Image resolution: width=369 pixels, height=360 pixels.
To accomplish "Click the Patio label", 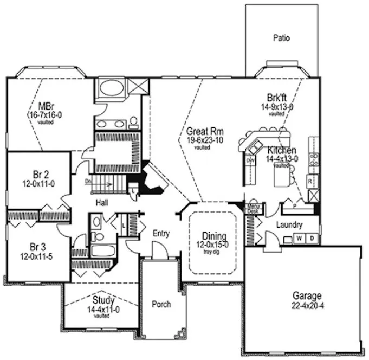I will pyautogui.click(x=281, y=38).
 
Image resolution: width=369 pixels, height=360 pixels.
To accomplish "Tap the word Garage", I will pyautogui.click(x=307, y=296).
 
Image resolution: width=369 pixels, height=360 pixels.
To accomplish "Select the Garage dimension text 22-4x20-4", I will pyautogui.click(x=307, y=305).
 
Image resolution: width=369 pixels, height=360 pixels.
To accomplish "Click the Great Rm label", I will pyautogui.click(x=202, y=132).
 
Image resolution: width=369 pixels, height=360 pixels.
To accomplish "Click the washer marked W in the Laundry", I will pyautogui.click(x=299, y=237).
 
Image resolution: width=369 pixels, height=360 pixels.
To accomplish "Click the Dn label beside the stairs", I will pyautogui.click(x=88, y=182).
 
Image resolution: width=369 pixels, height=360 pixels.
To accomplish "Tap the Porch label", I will pyautogui.click(x=161, y=304).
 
